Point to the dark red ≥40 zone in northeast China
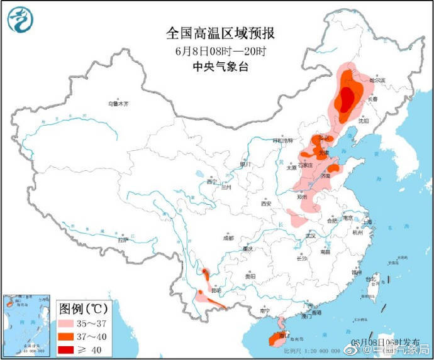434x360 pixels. pyautogui.click(x=345, y=99)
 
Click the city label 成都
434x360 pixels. pyautogui.click(x=227, y=238)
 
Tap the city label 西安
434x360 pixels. pyautogui.click(x=265, y=204)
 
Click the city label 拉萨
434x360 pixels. pyautogui.click(x=123, y=239)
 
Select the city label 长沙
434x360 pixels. pyautogui.click(x=302, y=258)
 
